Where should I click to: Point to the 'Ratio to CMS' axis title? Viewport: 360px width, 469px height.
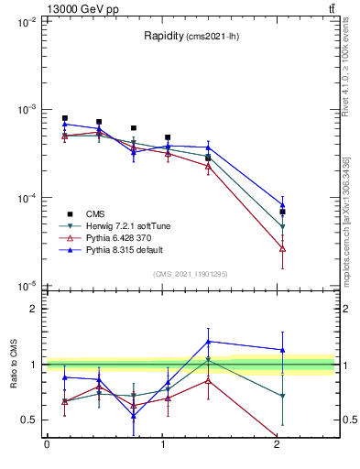(16, 365)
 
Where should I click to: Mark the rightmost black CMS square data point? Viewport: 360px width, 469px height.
(282, 212)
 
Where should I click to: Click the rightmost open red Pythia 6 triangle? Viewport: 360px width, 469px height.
(282, 248)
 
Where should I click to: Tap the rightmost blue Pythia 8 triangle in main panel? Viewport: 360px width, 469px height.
(282, 205)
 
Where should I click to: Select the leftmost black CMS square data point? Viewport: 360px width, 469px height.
(64, 118)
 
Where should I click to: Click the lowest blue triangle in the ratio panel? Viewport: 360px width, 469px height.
(134, 416)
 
